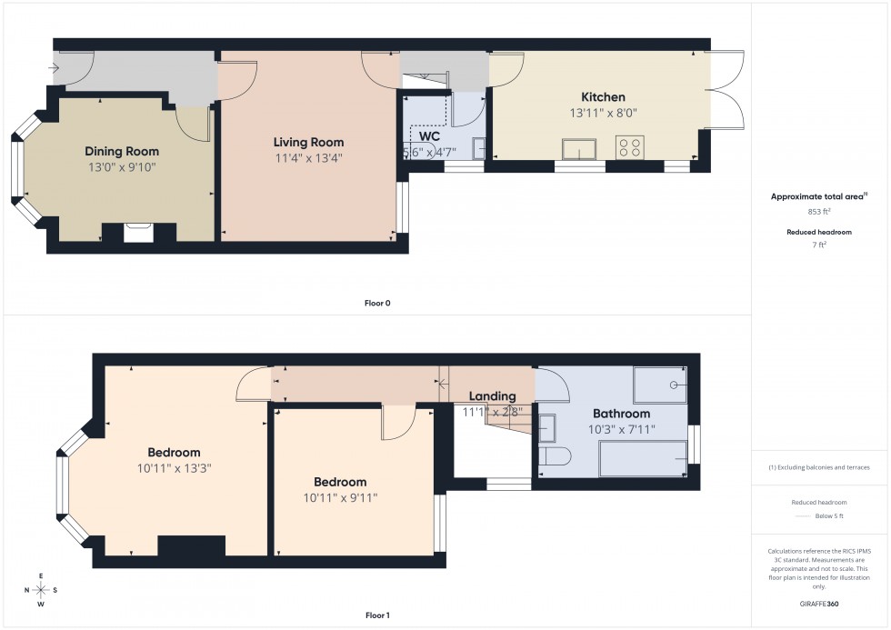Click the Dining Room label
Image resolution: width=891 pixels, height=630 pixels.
(x=122, y=151)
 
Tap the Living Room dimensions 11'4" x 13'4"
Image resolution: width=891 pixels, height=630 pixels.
(x=309, y=157)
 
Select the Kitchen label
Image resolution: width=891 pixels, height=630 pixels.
(x=603, y=97)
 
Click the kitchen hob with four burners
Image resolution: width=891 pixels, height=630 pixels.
(x=629, y=147)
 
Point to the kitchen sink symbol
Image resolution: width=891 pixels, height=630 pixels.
(x=579, y=149)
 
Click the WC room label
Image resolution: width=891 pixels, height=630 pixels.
(x=430, y=136)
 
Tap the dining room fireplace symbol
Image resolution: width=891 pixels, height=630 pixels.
(x=137, y=233)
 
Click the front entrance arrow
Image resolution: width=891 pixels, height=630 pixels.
(x=55, y=68)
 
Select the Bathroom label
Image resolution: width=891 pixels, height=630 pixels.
(x=621, y=414)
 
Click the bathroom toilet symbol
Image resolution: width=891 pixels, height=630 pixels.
(x=556, y=455)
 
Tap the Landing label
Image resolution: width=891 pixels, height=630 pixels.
(x=492, y=396)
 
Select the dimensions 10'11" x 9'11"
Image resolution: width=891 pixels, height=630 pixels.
(x=340, y=497)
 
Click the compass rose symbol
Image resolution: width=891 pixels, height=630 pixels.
(x=41, y=590)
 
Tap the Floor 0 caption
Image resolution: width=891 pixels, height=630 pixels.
(x=376, y=303)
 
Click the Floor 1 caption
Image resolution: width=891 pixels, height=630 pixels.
(x=376, y=615)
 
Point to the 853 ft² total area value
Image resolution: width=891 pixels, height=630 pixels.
(x=818, y=211)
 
